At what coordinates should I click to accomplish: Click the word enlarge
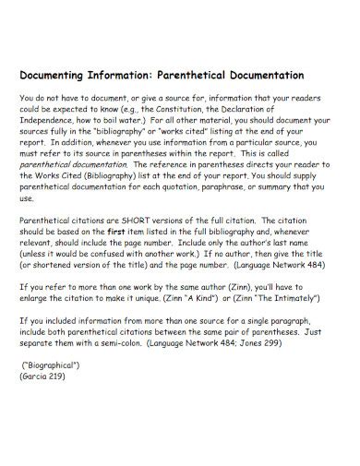pos(36,297)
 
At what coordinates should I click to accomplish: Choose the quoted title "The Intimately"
pos(286,297)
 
